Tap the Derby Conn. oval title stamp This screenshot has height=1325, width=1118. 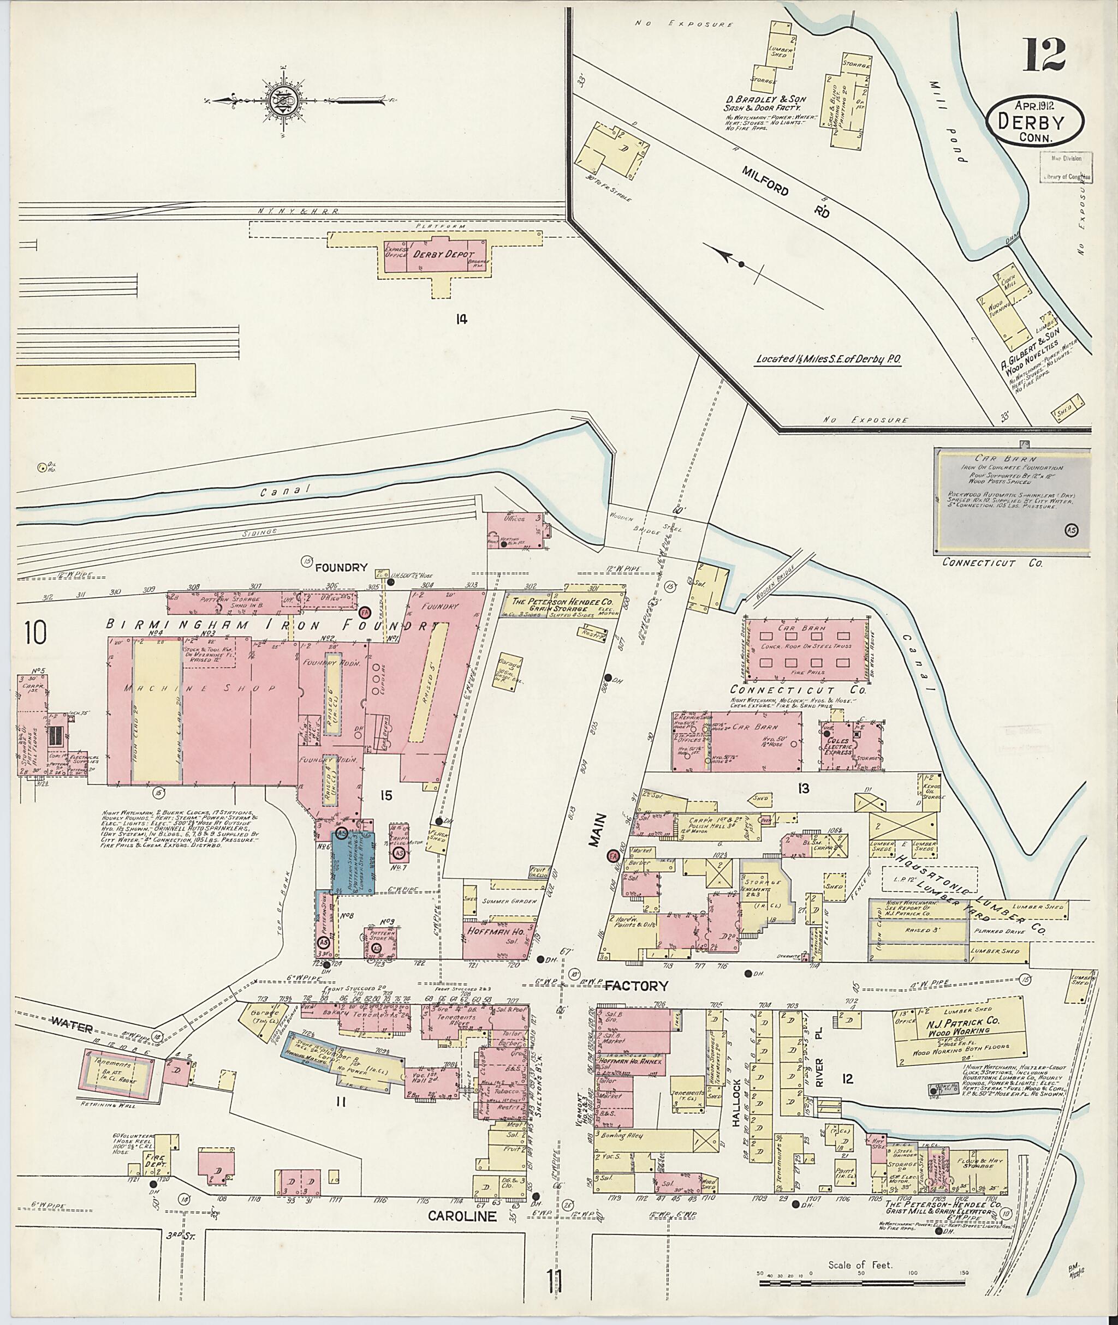pos(1034,122)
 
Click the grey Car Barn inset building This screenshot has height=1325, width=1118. pos(1012,500)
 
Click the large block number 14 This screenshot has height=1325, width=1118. pos(461,320)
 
